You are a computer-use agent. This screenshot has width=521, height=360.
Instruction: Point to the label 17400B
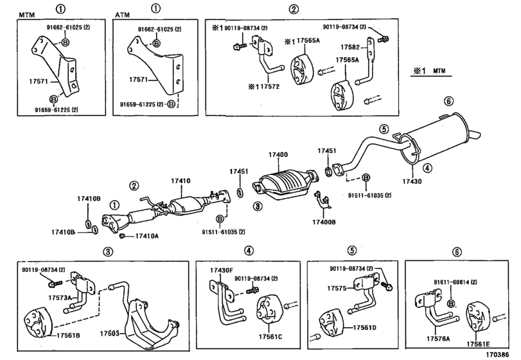tap(325, 222)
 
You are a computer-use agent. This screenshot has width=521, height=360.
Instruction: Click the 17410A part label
tap(147, 237)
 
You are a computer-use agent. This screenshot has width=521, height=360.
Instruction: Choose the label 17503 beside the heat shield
tap(110, 334)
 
